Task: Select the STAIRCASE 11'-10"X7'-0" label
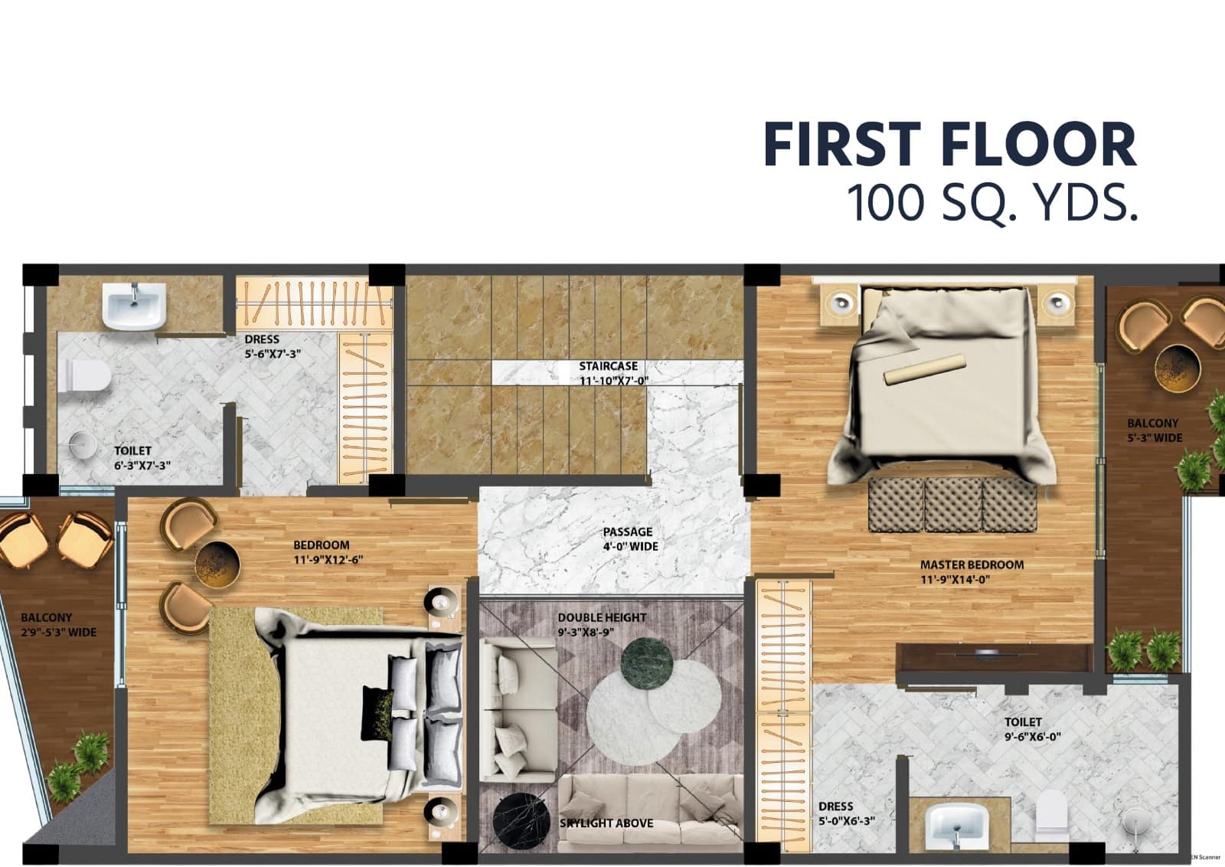(x=612, y=373)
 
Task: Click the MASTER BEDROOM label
(x=971, y=571)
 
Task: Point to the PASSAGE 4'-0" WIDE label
(x=628, y=538)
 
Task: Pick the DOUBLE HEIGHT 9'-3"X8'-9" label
(x=602, y=624)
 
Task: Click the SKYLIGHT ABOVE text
(x=606, y=823)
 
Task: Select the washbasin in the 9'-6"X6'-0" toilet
(x=956, y=827)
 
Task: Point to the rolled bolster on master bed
(x=925, y=369)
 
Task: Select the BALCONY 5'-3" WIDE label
(x=1154, y=430)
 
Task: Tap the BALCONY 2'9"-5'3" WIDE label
(x=58, y=624)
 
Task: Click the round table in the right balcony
(x=1174, y=368)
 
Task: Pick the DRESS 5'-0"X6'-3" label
(x=846, y=813)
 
